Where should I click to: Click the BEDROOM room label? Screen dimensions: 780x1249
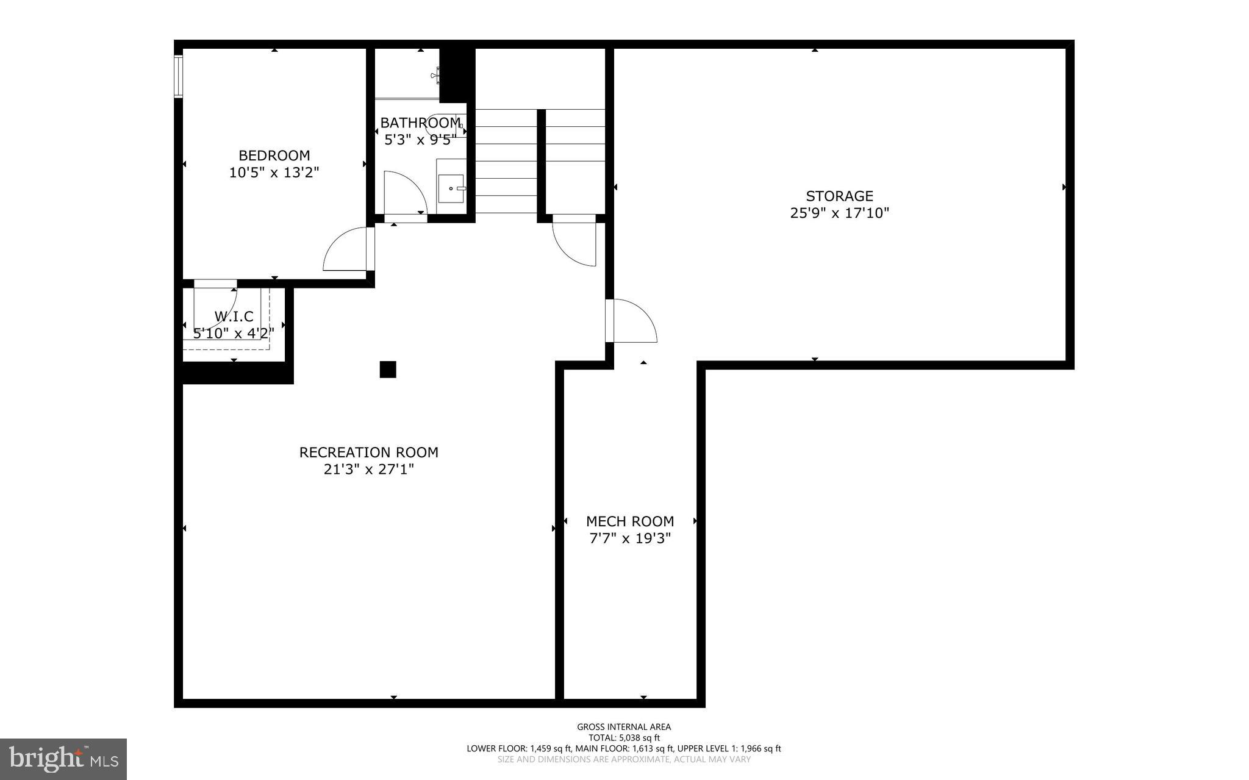tap(274, 156)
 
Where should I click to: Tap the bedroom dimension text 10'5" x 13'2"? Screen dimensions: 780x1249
tap(274, 173)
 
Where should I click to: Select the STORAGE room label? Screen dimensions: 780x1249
tap(839, 196)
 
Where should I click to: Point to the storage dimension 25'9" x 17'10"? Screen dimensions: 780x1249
tap(839, 213)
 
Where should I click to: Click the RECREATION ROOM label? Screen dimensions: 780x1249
tap(368, 453)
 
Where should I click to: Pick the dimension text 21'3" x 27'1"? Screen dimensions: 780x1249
tap(368, 470)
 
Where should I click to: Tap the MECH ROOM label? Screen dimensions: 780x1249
tap(629, 521)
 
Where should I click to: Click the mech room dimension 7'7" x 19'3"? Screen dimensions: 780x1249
tap(629, 538)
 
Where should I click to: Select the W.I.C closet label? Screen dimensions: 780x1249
tap(234, 317)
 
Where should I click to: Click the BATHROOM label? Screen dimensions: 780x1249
tap(420, 123)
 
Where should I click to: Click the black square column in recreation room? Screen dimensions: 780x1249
tap(388, 370)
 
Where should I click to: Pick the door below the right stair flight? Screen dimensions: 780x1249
tap(574, 243)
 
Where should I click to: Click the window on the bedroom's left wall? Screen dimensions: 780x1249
tap(178, 76)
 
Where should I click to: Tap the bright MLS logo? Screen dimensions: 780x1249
tap(63, 759)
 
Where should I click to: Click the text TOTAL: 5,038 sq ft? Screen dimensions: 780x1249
tap(624, 737)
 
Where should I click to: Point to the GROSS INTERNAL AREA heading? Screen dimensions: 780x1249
tap(624, 726)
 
